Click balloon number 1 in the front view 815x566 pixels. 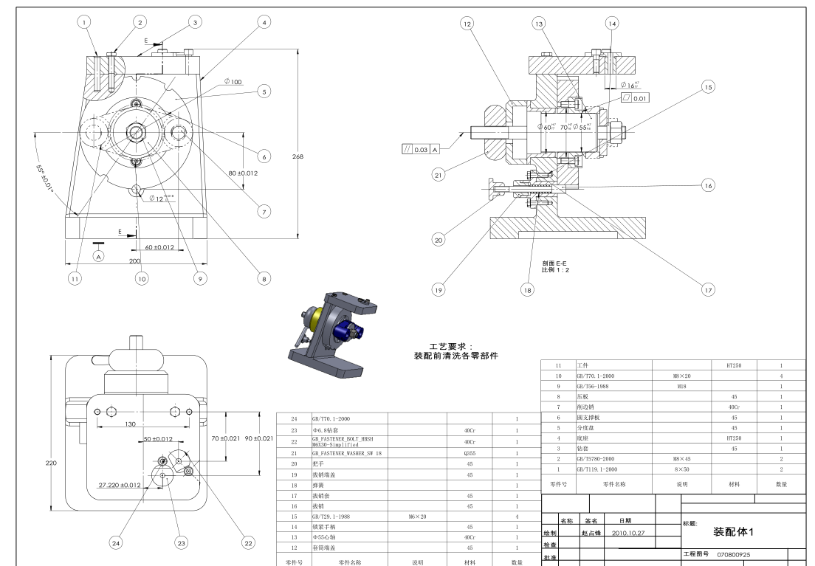coord(85,22)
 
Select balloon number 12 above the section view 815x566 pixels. coord(467,23)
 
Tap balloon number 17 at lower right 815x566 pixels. coord(707,290)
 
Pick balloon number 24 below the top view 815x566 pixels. coord(115,542)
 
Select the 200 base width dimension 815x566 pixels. coord(135,261)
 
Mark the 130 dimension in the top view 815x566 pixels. coord(131,424)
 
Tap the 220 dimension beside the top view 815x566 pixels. coord(51,463)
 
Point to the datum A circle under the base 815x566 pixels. coord(99,255)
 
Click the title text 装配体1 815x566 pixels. coord(734,531)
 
